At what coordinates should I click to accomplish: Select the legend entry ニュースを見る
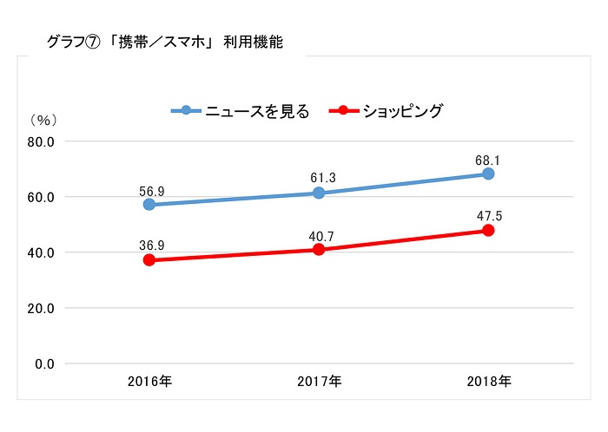point(256,111)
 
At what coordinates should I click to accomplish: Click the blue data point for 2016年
point(149,205)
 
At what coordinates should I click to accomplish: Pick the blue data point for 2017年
point(319,193)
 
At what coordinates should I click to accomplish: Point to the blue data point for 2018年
point(488,173)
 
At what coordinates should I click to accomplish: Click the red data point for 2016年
point(149,260)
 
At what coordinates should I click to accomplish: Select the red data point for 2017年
point(319,250)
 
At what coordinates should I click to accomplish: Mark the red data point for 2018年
point(488,231)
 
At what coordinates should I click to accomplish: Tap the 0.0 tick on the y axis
point(43,363)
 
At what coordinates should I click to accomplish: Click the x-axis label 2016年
point(149,381)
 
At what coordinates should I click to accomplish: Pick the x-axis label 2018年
point(488,381)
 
